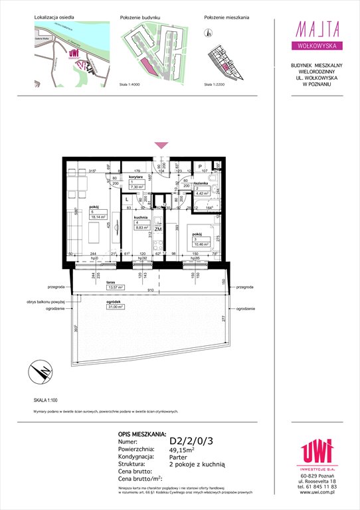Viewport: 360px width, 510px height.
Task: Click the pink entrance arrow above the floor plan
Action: pos(160,145)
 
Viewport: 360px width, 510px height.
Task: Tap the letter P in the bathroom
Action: pos(200,167)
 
